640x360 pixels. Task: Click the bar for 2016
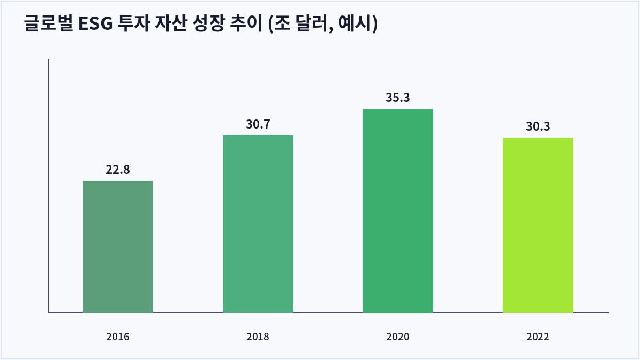118,246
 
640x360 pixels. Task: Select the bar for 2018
258,224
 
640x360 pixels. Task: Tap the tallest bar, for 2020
398,211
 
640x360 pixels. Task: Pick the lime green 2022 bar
538,225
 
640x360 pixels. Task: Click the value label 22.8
118,170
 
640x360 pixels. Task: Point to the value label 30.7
258,124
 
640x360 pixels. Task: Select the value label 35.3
398,98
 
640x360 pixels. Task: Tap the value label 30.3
538,126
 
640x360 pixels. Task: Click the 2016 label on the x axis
118,337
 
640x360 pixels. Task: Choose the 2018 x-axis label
258,337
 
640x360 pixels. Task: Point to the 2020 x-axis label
398,337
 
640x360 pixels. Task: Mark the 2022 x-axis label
538,337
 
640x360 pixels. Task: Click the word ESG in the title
95,23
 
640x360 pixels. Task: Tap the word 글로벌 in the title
49,23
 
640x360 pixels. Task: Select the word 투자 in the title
134,23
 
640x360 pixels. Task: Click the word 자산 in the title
171,23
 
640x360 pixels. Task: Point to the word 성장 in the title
209,23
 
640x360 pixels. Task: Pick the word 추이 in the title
246,23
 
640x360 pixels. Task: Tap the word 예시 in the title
355,23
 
